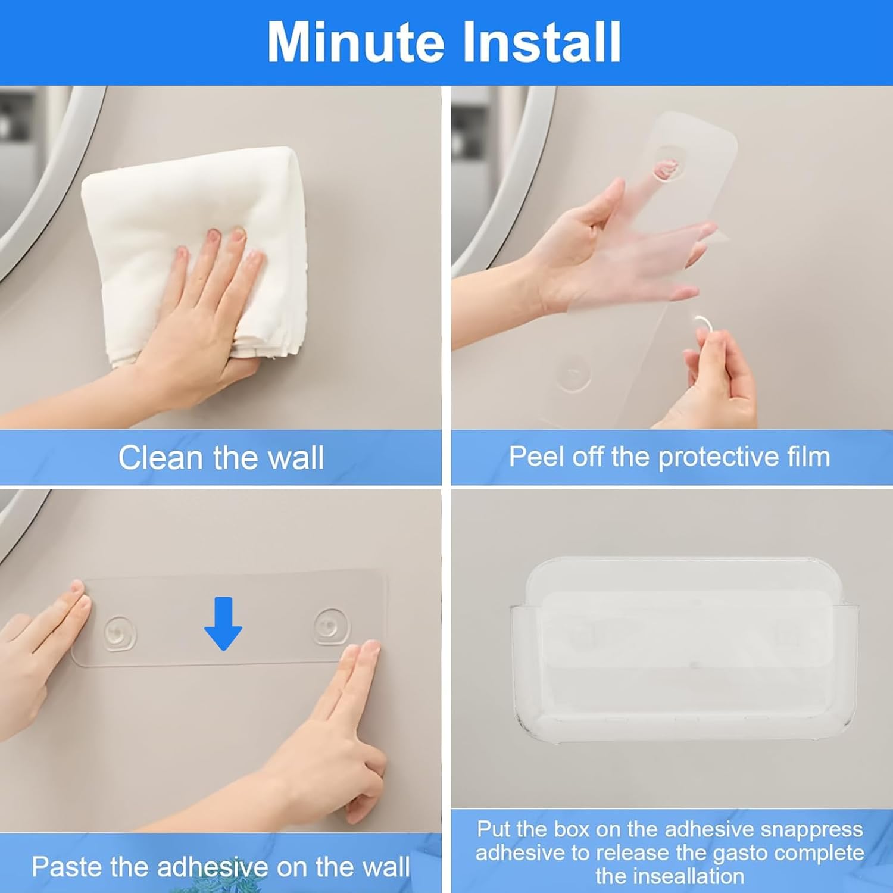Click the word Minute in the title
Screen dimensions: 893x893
pos(355,42)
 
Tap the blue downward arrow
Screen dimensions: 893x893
pos(223,623)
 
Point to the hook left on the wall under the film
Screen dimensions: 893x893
pos(573,374)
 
